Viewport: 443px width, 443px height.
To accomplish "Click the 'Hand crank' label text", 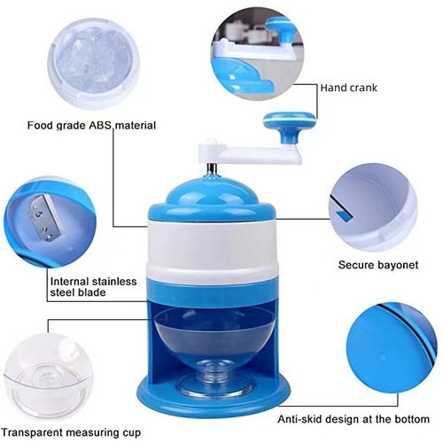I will pos(350,88).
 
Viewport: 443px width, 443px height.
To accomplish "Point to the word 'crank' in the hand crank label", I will pos(363,88).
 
